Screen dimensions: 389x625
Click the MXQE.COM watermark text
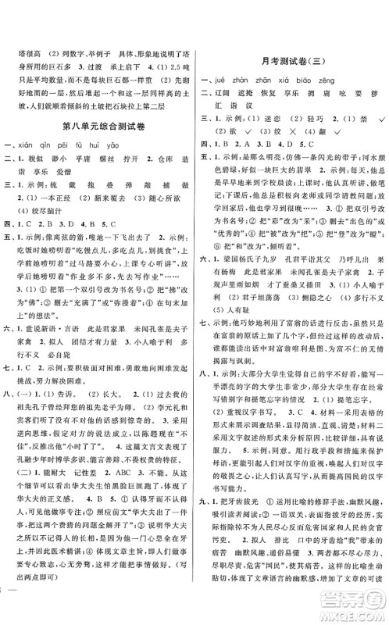coord(355,609)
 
